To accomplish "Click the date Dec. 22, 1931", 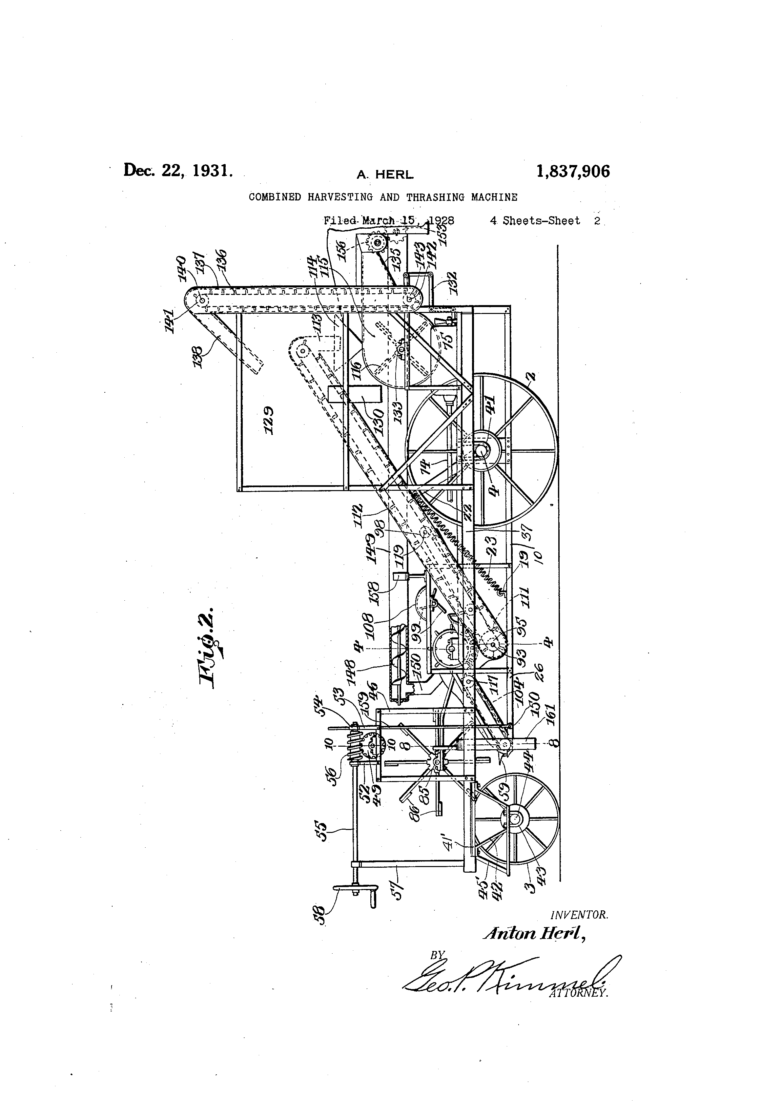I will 178,170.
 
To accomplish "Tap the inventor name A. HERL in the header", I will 384,175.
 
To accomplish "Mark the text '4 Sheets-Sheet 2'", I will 545,221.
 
